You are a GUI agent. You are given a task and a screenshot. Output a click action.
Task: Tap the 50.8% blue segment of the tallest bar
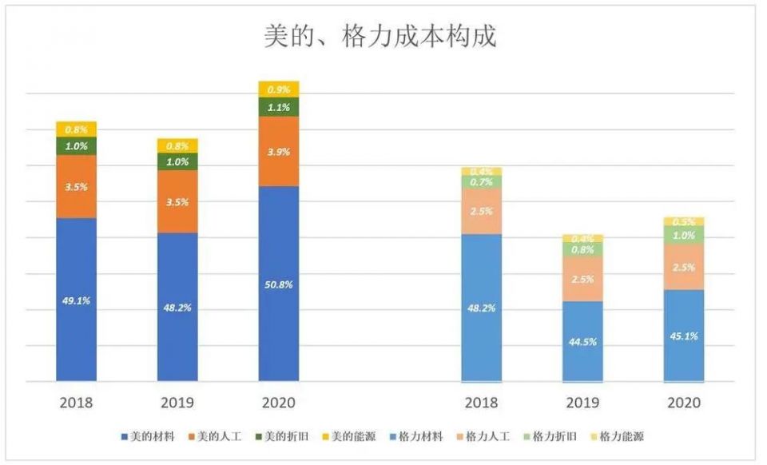(279, 284)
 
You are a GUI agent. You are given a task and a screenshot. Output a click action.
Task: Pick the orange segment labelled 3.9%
(279, 152)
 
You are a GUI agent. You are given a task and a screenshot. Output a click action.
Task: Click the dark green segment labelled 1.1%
(279, 107)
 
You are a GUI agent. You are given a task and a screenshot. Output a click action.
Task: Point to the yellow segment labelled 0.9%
(279, 89)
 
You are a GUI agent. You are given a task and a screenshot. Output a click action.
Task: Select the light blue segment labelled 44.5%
(582, 341)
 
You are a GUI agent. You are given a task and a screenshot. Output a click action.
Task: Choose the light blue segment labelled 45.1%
(683, 336)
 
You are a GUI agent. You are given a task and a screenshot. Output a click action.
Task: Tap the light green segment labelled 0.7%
(482, 182)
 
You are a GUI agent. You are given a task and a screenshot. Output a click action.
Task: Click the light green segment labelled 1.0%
(683, 235)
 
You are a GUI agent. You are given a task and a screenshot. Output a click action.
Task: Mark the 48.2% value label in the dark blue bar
(177, 308)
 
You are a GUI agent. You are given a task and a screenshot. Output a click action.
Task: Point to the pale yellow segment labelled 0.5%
(683, 221)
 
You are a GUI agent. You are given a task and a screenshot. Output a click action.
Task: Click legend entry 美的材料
(152, 436)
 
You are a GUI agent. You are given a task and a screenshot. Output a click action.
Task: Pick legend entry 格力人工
(487, 436)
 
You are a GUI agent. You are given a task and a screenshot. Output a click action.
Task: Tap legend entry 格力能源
(621, 436)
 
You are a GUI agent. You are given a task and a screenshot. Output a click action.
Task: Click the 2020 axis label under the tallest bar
(279, 402)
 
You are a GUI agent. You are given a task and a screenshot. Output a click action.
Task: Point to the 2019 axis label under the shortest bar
(582, 402)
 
